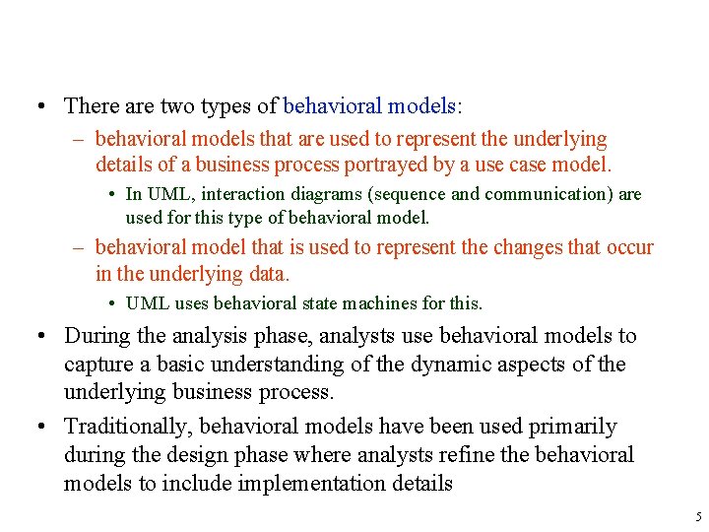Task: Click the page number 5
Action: point(697,517)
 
